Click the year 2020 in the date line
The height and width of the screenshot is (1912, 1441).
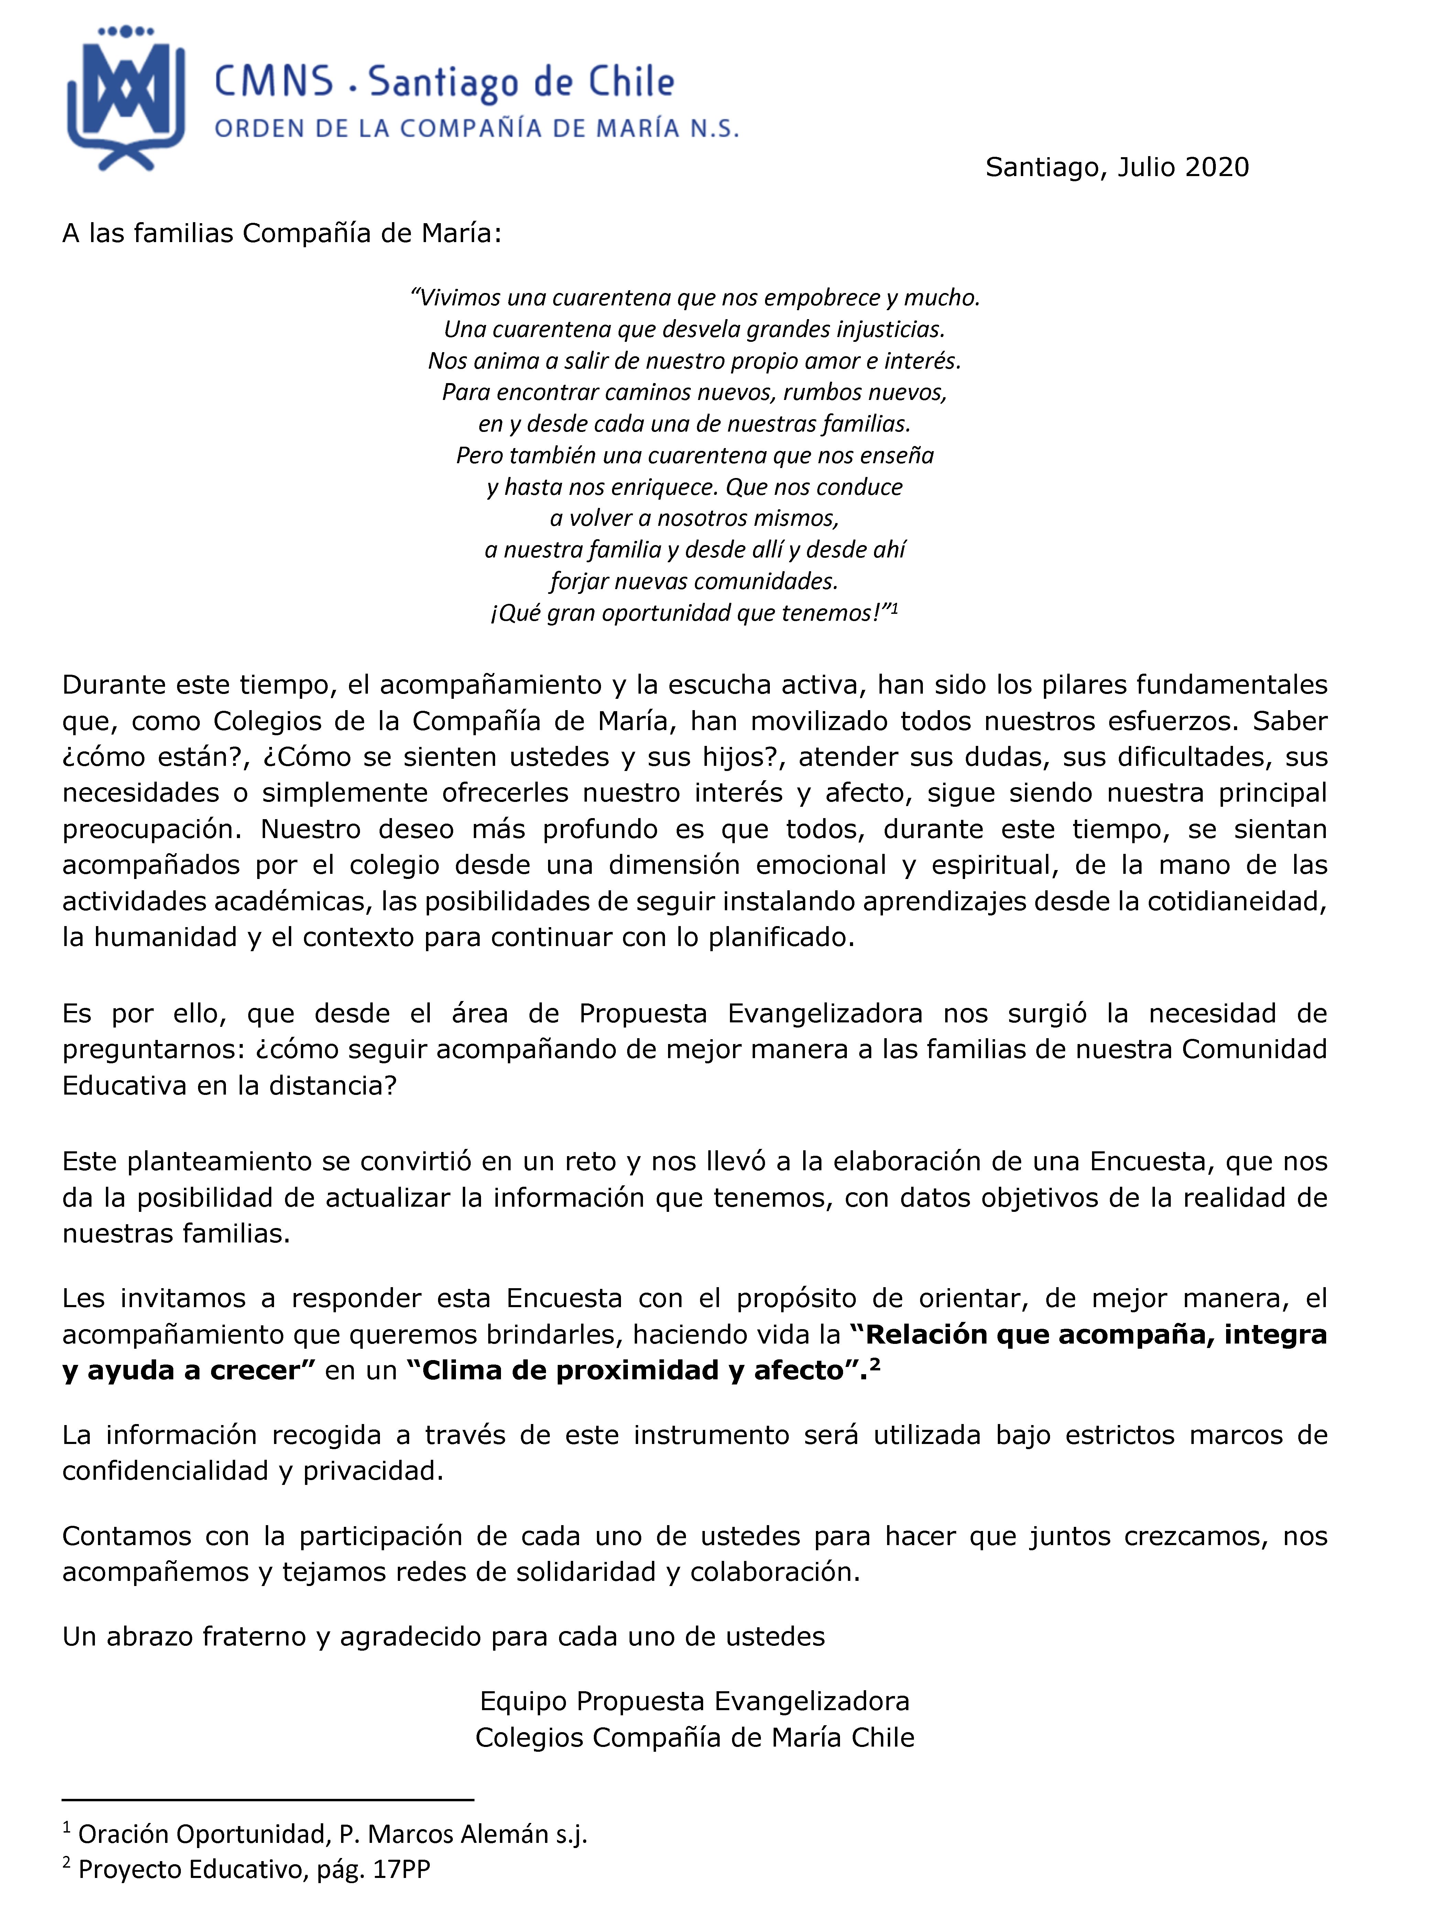point(1216,168)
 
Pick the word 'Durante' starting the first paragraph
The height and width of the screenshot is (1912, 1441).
point(114,685)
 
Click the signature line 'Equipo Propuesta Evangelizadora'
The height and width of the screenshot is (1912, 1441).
point(694,1701)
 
